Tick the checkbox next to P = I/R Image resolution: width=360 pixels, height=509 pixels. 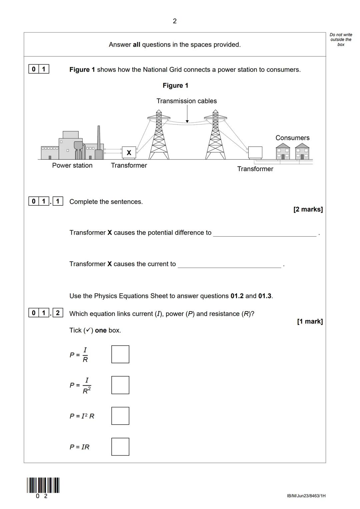coord(120,354)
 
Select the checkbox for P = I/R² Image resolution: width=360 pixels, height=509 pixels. coord(120,385)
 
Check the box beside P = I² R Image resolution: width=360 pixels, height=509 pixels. coord(120,416)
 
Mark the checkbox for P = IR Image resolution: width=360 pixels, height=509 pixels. coord(120,447)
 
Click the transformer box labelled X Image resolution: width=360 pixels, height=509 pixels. coord(129,153)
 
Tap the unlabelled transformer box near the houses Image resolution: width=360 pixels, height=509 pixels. coord(255,153)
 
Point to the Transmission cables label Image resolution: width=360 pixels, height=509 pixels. coord(187,101)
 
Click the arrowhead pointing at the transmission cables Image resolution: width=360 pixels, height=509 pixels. coord(187,121)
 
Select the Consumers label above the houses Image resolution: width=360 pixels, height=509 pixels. coord(292,138)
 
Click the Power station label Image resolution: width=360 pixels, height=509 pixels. coord(72,165)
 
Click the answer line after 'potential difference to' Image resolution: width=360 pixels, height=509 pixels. coord(265,233)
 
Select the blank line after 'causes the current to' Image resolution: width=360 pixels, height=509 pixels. coord(229,265)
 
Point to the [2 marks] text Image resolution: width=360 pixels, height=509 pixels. coord(308,209)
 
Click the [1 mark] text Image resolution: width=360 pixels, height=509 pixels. coord(310,321)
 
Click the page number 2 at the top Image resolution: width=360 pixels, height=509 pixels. coord(175,21)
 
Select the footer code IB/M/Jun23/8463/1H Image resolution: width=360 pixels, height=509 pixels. coord(306,496)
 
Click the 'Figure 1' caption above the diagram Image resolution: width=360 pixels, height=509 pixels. coord(175,85)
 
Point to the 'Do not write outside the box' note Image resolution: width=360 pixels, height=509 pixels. coord(341,39)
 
